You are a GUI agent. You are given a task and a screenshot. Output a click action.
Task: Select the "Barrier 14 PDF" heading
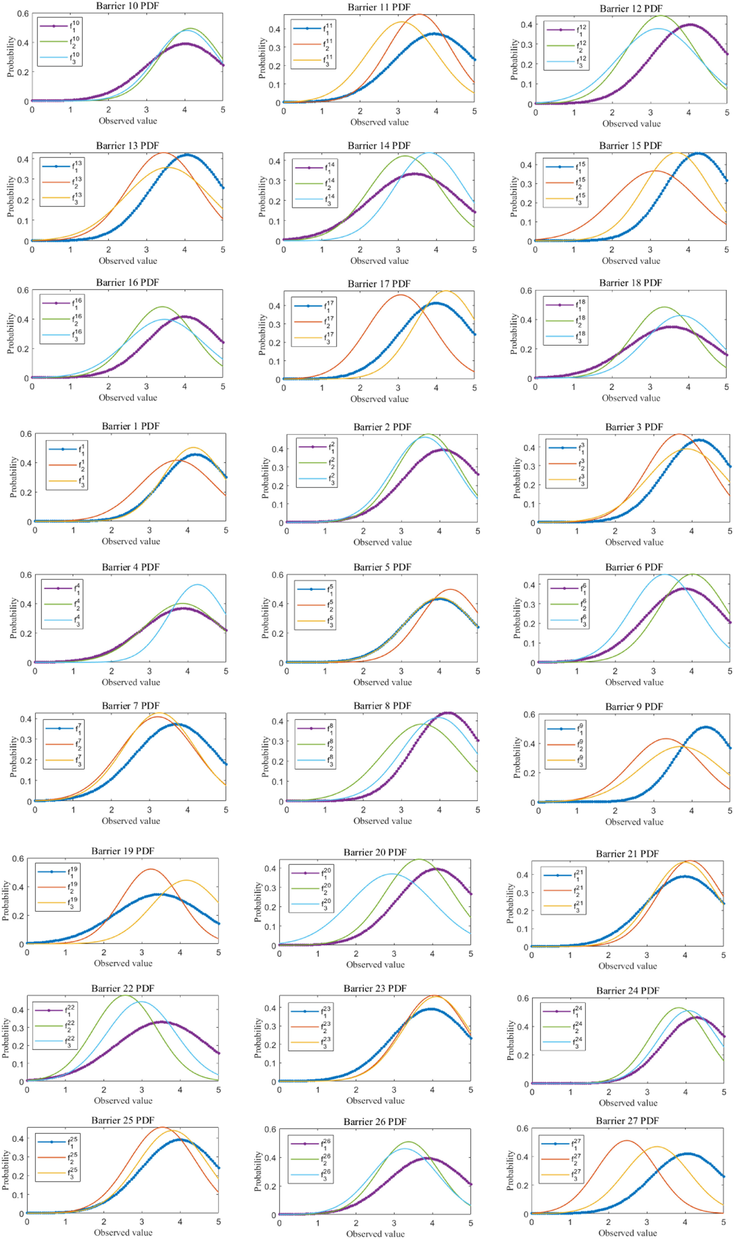point(379,145)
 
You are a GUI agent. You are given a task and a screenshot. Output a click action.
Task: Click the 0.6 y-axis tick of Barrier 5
point(277,575)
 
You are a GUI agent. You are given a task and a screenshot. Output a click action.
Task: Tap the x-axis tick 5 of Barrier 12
point(727,113)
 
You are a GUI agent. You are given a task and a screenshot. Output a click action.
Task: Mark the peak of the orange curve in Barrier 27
point(626,1141)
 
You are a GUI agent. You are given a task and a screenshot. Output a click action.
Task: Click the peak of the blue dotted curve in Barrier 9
point(705,727)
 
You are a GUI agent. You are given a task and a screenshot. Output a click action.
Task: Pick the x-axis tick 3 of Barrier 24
point(646,1092)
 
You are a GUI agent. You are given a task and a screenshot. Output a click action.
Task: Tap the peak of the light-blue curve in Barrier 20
point(392,874)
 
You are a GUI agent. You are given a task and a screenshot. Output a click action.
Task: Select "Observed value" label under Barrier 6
point(634,682)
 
